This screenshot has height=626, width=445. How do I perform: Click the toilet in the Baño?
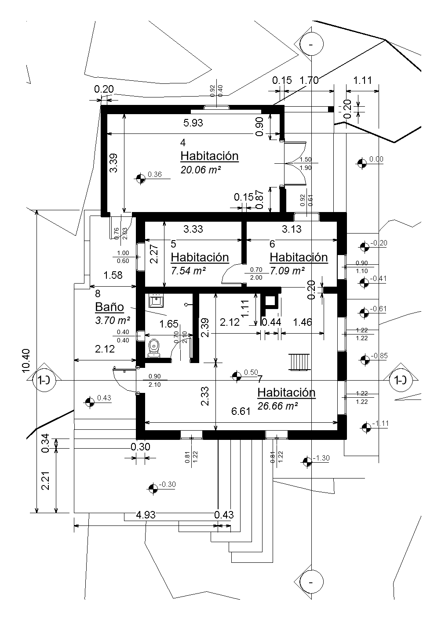click(x=154, y=347)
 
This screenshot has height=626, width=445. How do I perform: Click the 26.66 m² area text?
click(x=278, y=406)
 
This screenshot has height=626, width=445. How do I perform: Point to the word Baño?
click(x=109, y=307)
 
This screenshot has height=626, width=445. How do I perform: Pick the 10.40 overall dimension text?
click(x=26, y=360)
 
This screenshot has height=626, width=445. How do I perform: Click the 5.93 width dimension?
click(x=193, y=123)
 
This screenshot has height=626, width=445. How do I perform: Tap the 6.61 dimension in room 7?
click(x=241, y=411)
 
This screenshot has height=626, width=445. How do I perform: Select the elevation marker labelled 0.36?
click(x=141, y=178)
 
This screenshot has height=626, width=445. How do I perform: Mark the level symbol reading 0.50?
click(x=237, y=376)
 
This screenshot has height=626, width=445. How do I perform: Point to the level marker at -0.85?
click(x=364, y=360)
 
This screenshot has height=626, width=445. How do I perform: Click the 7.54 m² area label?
click(x=188, y=270)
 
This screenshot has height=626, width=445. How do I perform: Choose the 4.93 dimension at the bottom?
click(x=146, y=515)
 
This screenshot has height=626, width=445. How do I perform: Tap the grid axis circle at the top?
click(x=311, y=44)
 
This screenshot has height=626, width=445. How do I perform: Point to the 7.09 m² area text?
click(x=287, y=271)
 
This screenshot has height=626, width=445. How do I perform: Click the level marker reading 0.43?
click(x=90, y=402)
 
